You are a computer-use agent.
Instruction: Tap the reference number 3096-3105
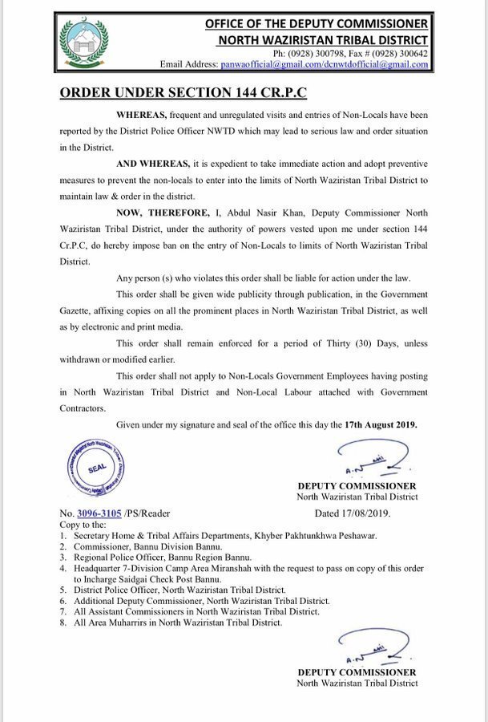(99, 513)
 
